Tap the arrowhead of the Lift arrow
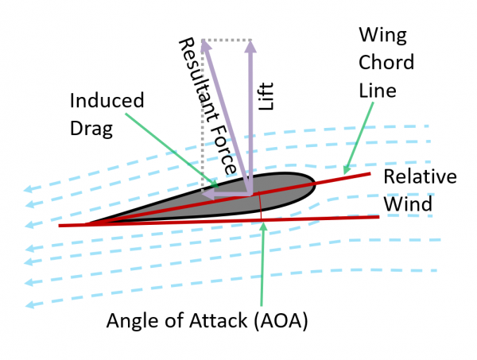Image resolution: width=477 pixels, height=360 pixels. (x=251, y=45)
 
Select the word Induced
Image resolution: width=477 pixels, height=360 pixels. (x=107, y=101)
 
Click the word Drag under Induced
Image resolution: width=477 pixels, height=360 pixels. (x=91, y=127)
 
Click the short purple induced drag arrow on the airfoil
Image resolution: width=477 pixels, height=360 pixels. (x=227, y=193)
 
